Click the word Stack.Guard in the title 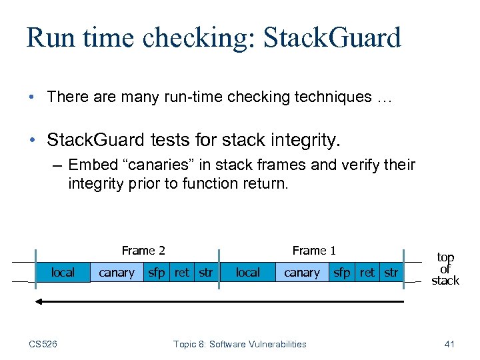(x=332, y=38)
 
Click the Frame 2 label (x=143, y=251)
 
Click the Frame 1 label (x=314, y=251)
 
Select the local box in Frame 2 (x=63, y=272)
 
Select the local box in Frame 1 (x=248, y=272)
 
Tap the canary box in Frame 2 (x=117, y=272)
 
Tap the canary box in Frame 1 (x=302, y=272)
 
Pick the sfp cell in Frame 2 (x=157, y=272)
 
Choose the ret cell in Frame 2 (x=181, y=272)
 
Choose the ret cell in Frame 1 (x=367, y=272)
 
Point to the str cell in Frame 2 (x=206, y=272)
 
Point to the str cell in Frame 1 (x=391, y=272)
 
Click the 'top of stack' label (x=445, y=269)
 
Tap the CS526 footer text (x=43, y=344)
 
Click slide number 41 (x=449, y=344)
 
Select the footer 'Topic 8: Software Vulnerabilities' (x=240, y=344)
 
